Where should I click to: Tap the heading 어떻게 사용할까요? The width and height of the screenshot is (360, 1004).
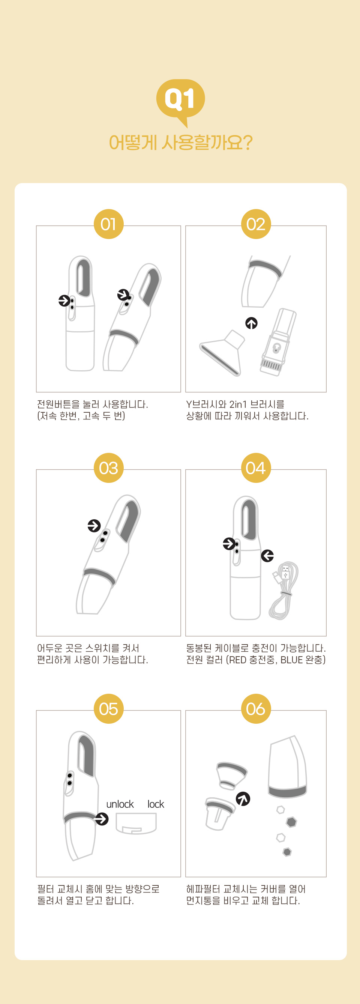pos(181,143)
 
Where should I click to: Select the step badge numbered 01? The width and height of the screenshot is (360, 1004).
pos(108,224)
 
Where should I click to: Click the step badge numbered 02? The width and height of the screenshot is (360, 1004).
pos(256,224)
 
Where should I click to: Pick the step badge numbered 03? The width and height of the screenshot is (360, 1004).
pos(108,468)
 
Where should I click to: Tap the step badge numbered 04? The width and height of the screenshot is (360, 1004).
pos(256,468)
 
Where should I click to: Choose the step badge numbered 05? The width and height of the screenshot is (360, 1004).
pos(108,709)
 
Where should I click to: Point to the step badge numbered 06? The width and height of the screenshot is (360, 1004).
pos(256,709)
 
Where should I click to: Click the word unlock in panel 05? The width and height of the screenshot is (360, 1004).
pos(120,804)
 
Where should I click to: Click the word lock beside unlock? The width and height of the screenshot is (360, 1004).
pos(156,804)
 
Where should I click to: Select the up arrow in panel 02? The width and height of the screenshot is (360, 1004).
pos(251,323)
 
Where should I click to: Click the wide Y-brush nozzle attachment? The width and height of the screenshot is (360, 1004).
pos(222,353)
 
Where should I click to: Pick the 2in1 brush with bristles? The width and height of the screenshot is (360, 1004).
pos(278,342)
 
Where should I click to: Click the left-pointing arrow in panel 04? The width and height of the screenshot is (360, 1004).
pos(267,555)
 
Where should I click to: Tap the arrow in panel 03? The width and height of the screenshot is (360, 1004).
pos(94,525)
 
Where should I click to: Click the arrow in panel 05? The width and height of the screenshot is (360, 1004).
pos(102,819)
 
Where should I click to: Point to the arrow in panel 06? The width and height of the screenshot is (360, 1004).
pos(243,799)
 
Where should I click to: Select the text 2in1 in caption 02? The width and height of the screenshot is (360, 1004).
pos(238,404)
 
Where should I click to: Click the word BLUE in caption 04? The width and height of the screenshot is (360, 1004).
pos(291,660)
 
